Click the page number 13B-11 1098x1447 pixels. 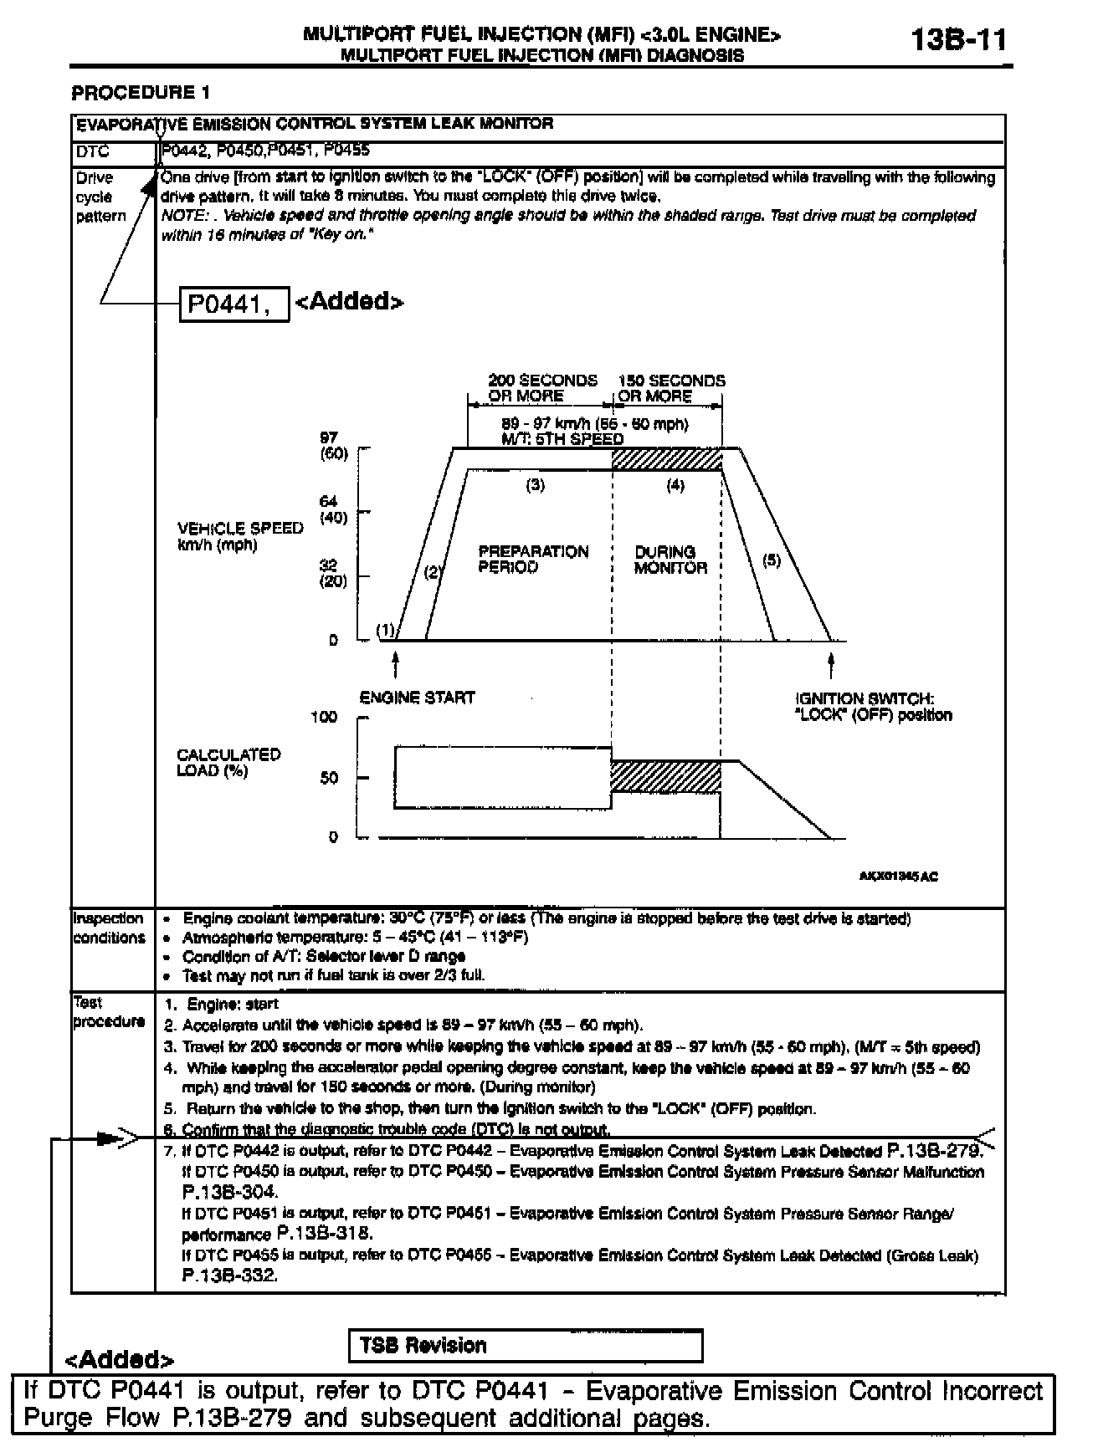click(959, 40)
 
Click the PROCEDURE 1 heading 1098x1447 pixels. click(141, 92)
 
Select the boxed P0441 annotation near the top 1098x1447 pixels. click(234, 304)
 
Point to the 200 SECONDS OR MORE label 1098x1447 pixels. click(542, 388)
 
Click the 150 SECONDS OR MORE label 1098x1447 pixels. click(670, 388)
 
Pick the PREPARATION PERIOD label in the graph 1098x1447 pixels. click(533, 559)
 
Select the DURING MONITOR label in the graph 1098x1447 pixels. click(670, 560)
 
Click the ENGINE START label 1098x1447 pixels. click(417, 698)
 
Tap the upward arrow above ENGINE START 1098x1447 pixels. click(395, 667)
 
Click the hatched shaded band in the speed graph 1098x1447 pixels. click(667, 459)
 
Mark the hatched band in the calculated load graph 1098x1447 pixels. click(665, 776)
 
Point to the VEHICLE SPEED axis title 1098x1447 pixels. click(239, 536)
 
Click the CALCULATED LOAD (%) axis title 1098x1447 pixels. click(228, 762)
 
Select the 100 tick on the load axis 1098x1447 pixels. click(325, 718)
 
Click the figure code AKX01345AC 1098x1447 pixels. click(898, 877)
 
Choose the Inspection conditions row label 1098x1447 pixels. click(109, 928)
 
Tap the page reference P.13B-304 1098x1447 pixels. click(229, 1192)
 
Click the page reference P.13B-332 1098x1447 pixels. click(228, 1276)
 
